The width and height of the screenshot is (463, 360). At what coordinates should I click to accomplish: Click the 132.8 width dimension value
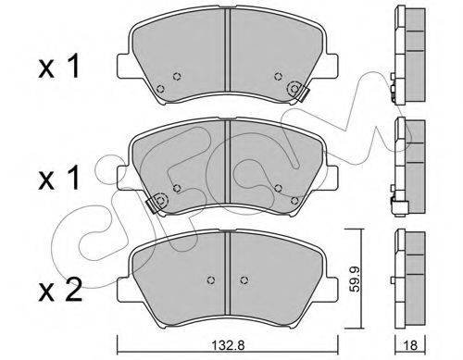pos(228,345)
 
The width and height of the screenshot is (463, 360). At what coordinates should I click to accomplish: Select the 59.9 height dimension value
pos(355,279)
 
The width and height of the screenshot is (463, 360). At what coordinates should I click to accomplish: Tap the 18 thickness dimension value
pos(410,345)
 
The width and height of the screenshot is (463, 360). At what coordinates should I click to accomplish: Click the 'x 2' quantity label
pos(60,290)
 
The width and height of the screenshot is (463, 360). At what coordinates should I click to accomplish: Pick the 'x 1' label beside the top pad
pos(58,66)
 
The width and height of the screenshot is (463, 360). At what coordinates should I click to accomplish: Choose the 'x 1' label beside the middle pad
pos(58,179)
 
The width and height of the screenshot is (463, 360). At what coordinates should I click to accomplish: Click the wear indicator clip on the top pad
pos(299,91)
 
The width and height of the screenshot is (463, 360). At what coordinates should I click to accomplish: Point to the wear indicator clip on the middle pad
pos(156,203)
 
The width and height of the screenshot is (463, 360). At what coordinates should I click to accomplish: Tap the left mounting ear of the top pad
pos(123,66)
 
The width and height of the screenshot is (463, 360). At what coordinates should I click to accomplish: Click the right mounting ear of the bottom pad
pos(332,290)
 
